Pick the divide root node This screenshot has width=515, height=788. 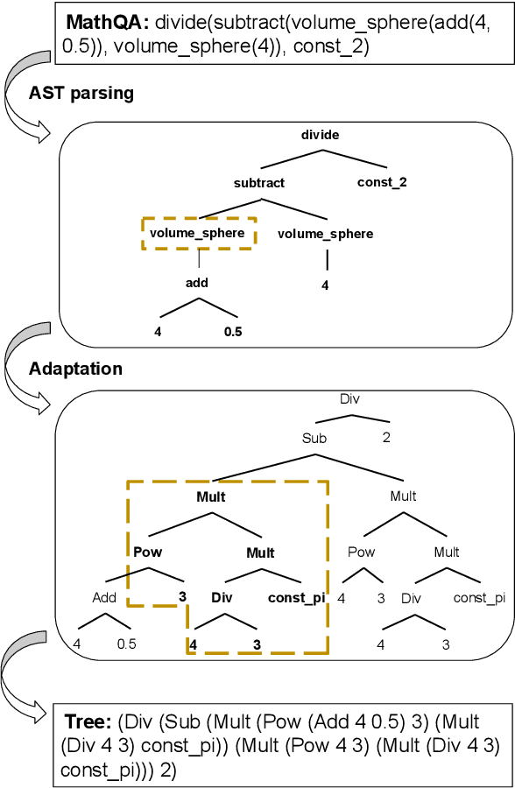(x=320, y=135)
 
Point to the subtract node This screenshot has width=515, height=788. (x=259, y=183)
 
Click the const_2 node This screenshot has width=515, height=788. (x=382, y=183)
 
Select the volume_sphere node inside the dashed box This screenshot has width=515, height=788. (x=197, y=233)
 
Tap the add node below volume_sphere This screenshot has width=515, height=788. (x=197, y=283)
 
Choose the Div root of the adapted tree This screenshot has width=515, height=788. (x=349, y=399)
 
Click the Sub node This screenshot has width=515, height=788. (x=314, y=438)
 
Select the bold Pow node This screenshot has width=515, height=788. (x=147, y=552)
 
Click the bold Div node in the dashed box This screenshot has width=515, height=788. (x=222, y=599)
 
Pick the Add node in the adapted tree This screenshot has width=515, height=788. (x=104, y=599)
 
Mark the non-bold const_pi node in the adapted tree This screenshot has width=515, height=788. (x=479, y=599)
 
